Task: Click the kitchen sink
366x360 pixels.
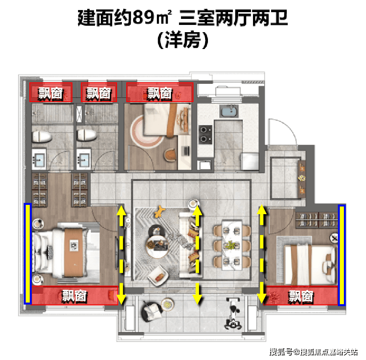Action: point(229,111)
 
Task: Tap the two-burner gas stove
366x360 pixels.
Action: point(206,135)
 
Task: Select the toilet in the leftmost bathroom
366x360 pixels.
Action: point(41,136)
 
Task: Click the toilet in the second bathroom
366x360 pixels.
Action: point(86,135)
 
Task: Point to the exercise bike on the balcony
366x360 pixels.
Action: point(233,313)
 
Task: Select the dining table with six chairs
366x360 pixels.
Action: point(232,245)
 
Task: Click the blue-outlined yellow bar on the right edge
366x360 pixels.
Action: point(342,255)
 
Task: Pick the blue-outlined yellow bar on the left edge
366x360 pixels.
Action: point(28,254)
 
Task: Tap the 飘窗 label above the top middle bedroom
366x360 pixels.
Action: point(160,94)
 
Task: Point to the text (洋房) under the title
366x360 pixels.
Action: point(183,40)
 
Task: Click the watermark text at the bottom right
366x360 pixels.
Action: point(313,352)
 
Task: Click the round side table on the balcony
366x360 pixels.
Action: point(167,304)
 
